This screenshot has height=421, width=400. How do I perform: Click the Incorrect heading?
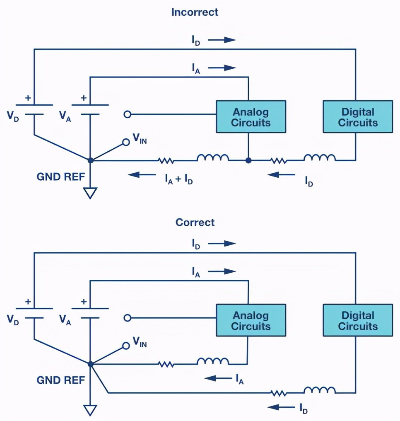(195, 12)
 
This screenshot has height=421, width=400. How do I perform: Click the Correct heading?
(195, 222)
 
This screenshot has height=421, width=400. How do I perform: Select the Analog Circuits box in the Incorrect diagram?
(251, 117)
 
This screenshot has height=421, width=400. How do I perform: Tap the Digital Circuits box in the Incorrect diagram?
(358, 117)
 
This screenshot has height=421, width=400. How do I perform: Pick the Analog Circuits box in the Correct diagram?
(251, 320)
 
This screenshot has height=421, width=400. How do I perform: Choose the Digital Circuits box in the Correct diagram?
(358, 320)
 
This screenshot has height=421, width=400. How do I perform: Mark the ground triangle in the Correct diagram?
(90, 410)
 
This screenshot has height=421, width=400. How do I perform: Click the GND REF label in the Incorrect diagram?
(60, 177)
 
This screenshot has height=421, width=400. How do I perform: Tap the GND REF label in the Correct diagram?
(60, 380)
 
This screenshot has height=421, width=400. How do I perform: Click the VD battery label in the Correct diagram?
(13, 319)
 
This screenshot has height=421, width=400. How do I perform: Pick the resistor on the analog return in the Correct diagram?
(166, 364)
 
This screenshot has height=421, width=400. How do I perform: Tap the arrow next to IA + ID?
(139, 175)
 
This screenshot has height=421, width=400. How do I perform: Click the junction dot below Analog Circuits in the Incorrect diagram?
(248, 160)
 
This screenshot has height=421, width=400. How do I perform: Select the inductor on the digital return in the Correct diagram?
(320, 390)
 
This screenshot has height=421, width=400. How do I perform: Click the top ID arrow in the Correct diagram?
(222, 243)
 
